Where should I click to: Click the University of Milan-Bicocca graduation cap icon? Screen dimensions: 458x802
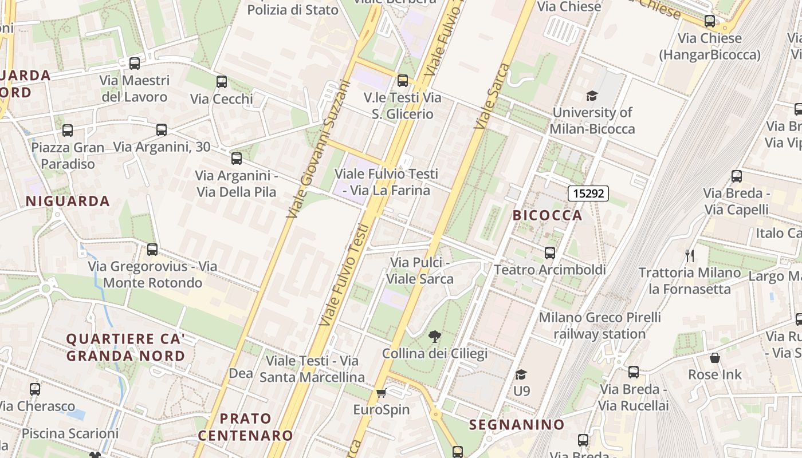click(592, 96)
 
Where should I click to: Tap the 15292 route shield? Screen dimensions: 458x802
click(588, 194)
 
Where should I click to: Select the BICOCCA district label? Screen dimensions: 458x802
click(547, 215)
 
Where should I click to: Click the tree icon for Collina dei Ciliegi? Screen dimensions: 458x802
click(435, 336)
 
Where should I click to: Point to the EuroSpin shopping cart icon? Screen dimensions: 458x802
click(381, 393)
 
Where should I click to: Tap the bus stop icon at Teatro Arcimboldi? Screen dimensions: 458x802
click(550, 252)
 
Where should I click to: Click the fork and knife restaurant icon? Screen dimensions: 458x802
click(690, 256)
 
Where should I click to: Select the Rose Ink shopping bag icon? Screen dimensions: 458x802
click(714, 358)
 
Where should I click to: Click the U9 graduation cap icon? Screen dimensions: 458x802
click(521, 374)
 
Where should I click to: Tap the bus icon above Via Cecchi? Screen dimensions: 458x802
click(222, 82)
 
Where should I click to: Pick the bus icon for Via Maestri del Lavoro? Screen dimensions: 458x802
click(135, 64)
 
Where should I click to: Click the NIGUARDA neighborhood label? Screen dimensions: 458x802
click(68, 201)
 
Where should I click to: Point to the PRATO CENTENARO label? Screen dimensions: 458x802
click(245, 427)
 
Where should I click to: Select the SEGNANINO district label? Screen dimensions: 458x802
click(517, 425)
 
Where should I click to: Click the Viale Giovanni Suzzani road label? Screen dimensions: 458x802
click(319, 149)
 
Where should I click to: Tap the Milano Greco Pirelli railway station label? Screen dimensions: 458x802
click(599, 325)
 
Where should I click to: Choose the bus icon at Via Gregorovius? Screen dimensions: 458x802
click(152, 250)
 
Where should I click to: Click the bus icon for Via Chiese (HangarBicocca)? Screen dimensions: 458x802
click(710, 21)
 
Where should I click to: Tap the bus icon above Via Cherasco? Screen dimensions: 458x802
click(35, 389)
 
